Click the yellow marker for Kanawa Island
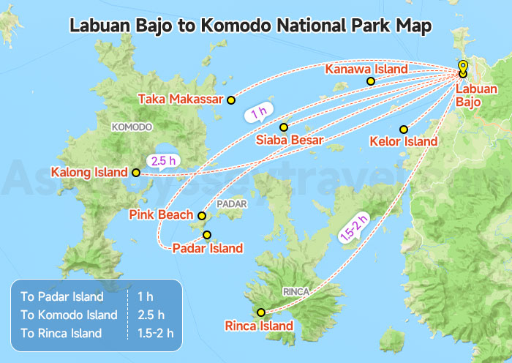tap(371, 81)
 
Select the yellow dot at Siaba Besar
tap(284, 127)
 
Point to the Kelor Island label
tap(404, 141)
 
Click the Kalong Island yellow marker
tap(135, 173)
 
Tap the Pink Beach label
tap(161, 214)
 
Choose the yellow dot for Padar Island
tap(208, 235)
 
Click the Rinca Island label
tap(259, 326)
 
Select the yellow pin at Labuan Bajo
tap(463, 67)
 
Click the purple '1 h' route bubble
tap(258, 114)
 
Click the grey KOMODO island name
tap(132, 127)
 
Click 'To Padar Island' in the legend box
tap(62, 297)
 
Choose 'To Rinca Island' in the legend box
tap(62, 332)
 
